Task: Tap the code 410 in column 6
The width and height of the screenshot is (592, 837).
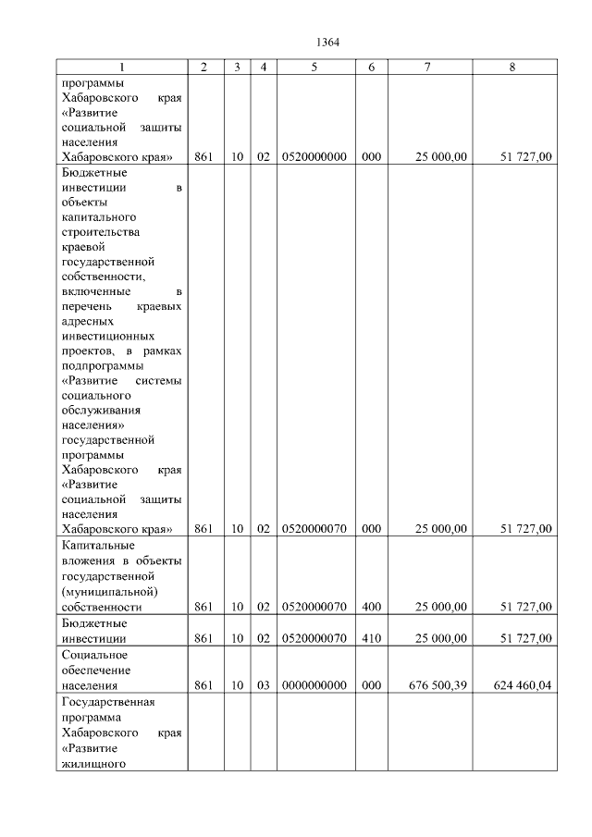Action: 371,638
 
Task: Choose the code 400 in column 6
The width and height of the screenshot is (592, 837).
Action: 371,607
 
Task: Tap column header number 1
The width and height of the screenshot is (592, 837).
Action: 121,67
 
